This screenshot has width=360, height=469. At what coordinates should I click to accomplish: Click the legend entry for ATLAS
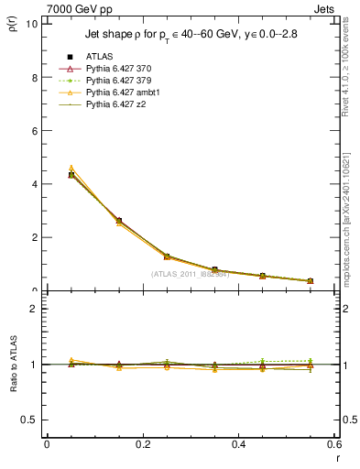coord(101,57)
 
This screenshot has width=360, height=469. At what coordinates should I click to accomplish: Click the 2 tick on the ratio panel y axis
coord(35,309)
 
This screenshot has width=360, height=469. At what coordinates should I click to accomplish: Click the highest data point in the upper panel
coord(71,174)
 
